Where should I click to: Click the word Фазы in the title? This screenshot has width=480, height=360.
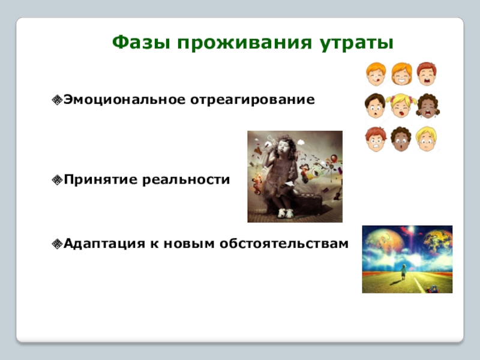pyautogui.click(x=141, y=43)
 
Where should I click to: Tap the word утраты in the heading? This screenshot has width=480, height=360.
pyautogui.click(x=356, y=43)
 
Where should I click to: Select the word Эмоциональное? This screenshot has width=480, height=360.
pyautogui.click(x=125, y=100)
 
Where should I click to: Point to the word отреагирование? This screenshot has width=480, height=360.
pyautogui.click(x=253, y=100)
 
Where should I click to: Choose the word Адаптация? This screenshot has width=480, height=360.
pyautogui.click(x=104, y=244)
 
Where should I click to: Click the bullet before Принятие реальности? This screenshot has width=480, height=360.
pyautogui.click(x=57, y=180)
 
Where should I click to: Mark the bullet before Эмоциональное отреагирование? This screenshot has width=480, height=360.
pyautogui.click(x=57, y=100)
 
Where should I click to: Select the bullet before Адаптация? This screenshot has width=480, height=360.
pyautogui.click(x=57, y=244)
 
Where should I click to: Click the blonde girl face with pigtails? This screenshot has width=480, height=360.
pyautogui.click(x=401, y=106)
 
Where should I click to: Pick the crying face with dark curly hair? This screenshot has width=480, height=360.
pyautogui.click(x=428, y=106)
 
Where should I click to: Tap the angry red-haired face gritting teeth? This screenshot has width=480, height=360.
pyautogui.click(x=376, y=139)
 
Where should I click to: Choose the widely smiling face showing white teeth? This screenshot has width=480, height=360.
pyautogui.click(x=401, y=73)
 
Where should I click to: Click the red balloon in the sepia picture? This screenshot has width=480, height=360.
pyautogui.click(x=334, y=158)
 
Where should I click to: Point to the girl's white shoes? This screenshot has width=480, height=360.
pyautogui.click(x=286, y=213)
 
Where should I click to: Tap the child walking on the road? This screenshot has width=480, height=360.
pyautogui.click(x=404, y=272)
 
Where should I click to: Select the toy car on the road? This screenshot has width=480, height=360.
pyautogui.click(x=433, y=289)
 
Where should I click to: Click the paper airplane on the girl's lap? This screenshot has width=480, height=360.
pyautogui.click(x=289, y=184)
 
